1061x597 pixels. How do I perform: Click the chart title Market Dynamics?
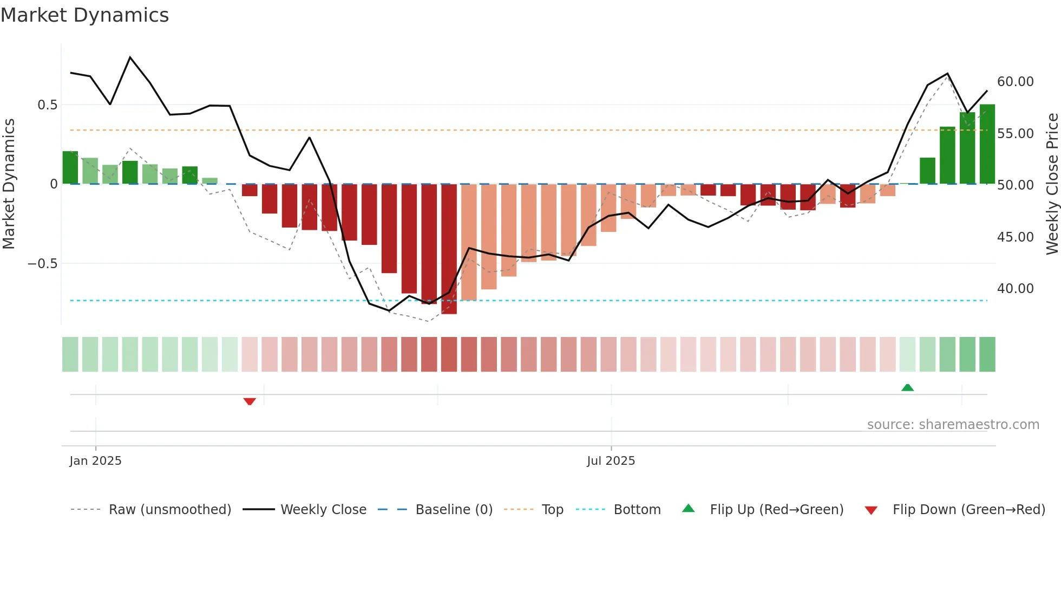coord(84,15)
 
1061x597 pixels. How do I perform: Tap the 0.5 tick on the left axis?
coord(47,105)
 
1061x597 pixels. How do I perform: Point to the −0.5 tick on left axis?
coord(42,264)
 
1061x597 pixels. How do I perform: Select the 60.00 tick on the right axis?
coord(1015,82)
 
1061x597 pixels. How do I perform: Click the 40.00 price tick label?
coord(1015,289)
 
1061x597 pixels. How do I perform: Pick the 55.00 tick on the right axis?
coord(1015,134)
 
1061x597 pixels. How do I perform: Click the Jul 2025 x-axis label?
coord(611,461)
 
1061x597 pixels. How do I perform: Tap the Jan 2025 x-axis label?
coord(95,461)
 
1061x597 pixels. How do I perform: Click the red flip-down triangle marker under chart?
coord(250,401)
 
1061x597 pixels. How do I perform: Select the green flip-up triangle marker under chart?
coord(907,387)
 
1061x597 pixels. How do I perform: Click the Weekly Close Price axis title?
coord(1052,184)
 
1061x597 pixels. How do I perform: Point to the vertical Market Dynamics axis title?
coord(9,184)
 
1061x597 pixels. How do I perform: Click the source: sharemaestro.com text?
coord(953,425)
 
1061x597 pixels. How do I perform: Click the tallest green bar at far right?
coord(987,144)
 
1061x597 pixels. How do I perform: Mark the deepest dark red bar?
coord(449,249)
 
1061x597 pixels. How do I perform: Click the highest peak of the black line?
coord(130,57)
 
